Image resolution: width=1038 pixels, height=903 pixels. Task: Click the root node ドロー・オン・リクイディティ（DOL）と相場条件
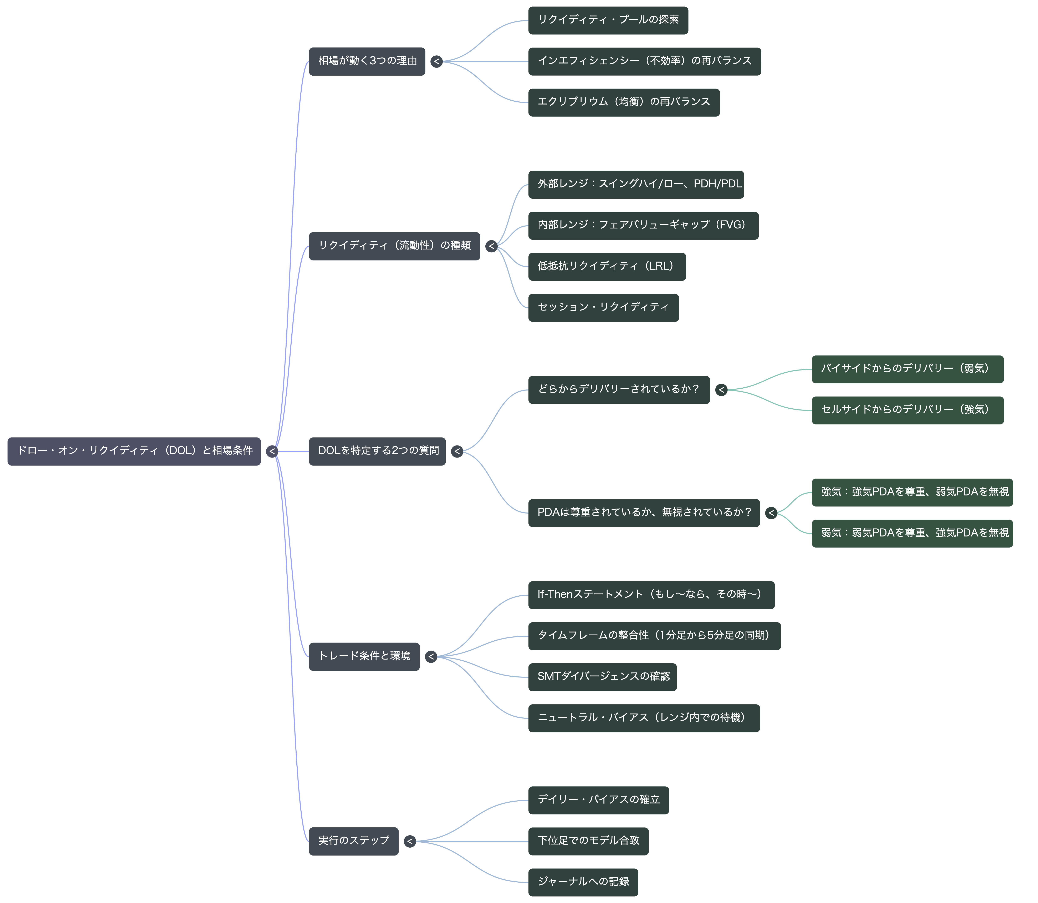(134, 451)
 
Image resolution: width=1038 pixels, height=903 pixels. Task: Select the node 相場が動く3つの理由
(367, 61)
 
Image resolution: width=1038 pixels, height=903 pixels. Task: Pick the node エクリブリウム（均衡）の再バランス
(624, 103)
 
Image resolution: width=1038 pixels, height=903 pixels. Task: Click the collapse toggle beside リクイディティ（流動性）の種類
(492, 246)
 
